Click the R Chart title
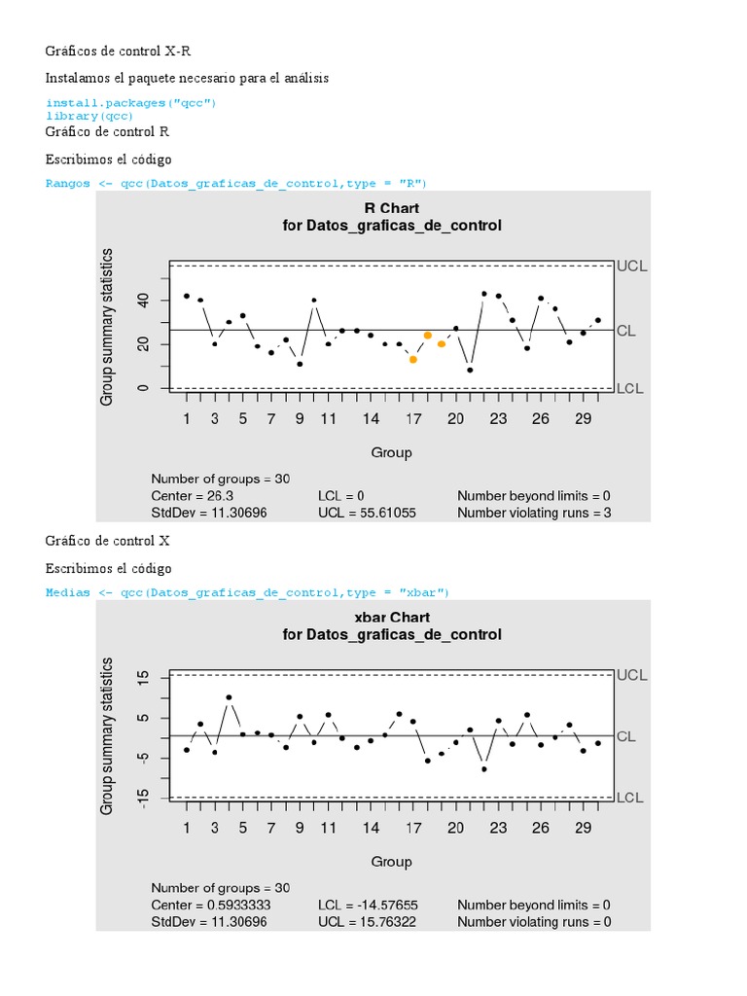[391, 208]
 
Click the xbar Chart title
[391, 617]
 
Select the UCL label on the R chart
[631, 266]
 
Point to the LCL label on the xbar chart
[630, 798]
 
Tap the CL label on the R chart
[625, 331]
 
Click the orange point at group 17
[413, 359]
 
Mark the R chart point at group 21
[470, 370]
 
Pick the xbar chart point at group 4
[230, 697]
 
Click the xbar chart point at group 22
[484, 769]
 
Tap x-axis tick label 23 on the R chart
[498, 419]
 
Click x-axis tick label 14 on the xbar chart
[371, 829]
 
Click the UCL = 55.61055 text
[367, 513]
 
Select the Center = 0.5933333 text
[211, 905]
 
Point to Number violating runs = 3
[534, 513]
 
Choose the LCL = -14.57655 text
[369, 905]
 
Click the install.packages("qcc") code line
[130, 102]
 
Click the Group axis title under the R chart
[391, 452]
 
